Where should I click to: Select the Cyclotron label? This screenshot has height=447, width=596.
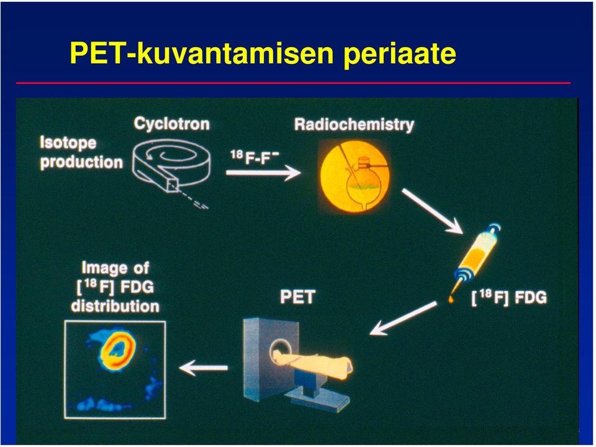point(171,124)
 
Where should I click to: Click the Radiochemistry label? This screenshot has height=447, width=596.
point(354,125)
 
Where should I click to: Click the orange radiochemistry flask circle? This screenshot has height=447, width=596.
point(354,176)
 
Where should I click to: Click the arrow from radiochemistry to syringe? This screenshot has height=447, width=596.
point(432,211)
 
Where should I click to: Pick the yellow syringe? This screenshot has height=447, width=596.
point(476,261)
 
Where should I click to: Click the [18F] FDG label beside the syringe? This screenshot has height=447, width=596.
point(509,297)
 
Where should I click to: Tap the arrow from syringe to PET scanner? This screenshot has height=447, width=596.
point(403,318)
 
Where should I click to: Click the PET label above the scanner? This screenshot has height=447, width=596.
point(297,297)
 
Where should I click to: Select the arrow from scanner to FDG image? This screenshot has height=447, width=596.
point(204,368)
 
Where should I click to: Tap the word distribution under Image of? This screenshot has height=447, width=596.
point(115,306)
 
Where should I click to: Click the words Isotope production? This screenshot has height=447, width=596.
point(81,153)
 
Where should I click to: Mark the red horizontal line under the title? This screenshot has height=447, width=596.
point(293,83)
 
